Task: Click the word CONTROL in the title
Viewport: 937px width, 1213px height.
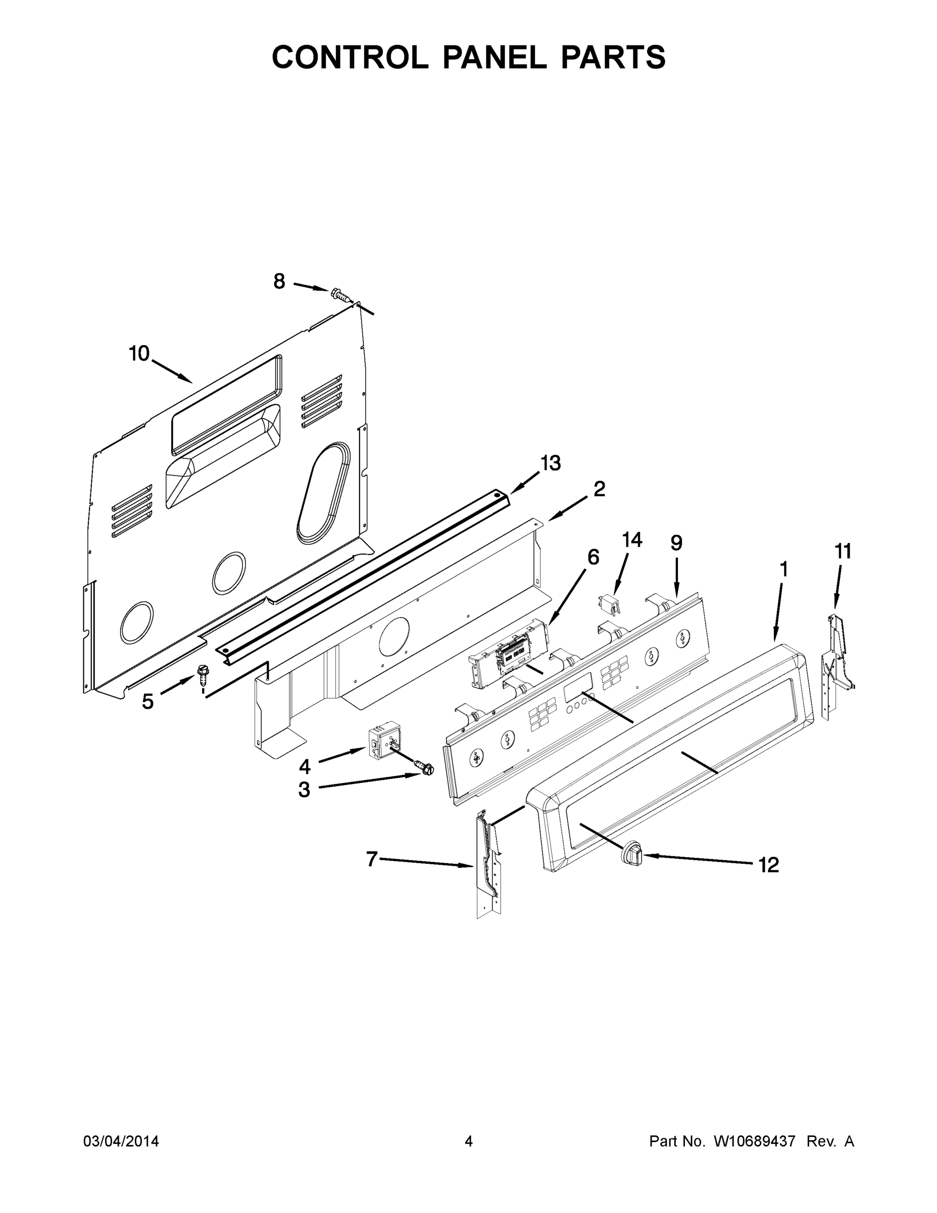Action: [350, 57]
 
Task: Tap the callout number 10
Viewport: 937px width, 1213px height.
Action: [139, 353]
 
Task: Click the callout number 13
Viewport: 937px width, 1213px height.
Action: [551, 462]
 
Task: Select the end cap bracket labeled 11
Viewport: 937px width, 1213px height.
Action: [836, 665]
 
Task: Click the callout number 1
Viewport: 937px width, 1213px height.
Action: [784, 569]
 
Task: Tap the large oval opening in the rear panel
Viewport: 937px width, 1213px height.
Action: [324, 494]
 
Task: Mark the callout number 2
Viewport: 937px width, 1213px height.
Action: [599, 489]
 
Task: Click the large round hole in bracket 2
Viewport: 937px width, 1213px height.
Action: [393, 635]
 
